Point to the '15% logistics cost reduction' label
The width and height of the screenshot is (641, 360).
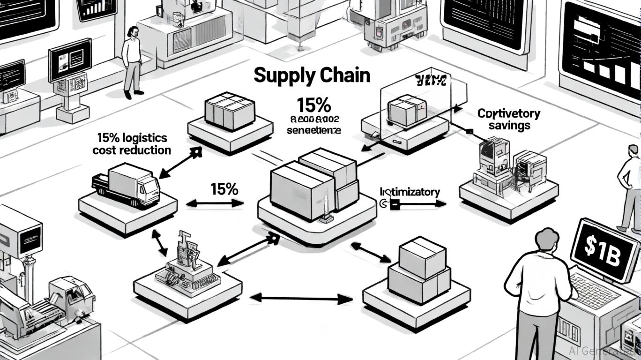pos(132,144)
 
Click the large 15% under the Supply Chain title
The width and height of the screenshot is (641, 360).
pos(313,104)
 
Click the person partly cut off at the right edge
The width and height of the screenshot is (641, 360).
pos(630,187)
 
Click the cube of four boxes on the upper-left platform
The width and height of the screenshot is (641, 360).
pos(230,111)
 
